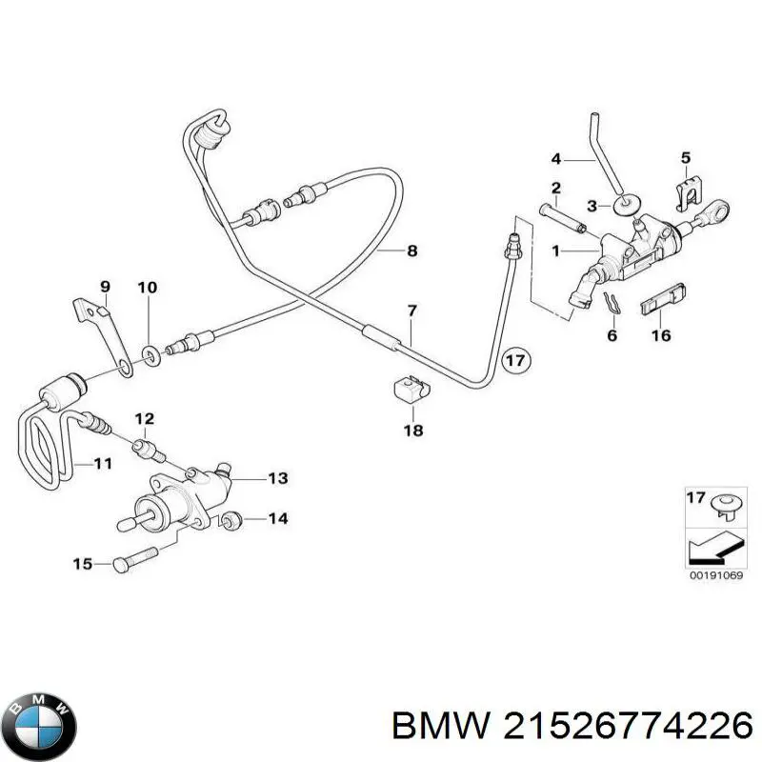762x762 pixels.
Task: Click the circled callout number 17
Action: tap(515, 362)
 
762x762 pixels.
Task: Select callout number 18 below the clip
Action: tap(412, 431)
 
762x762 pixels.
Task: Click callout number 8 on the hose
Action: tap(411, 251)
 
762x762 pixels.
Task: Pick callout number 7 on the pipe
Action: tap(411, 311)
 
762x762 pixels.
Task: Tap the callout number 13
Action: tap(276, 478)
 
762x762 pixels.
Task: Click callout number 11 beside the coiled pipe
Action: tap(102, 464)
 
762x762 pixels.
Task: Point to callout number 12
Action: tap(144, 418)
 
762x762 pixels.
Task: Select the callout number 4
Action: tap(557, 158)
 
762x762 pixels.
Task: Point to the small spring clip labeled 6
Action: tap(611, 304)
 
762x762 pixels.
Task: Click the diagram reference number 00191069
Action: tap(713, 575)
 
